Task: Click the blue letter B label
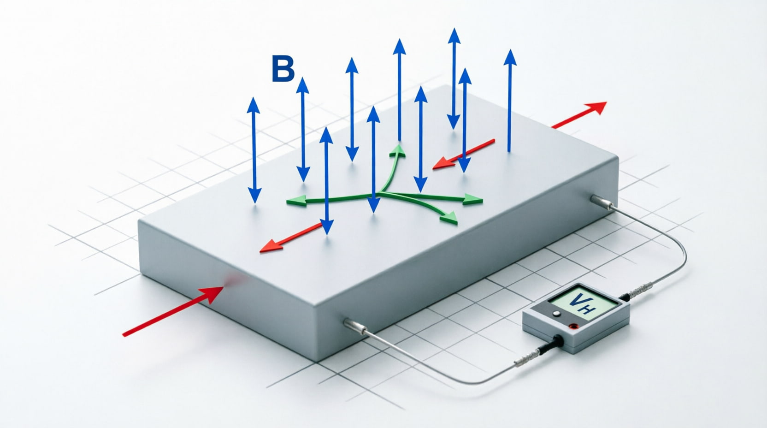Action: (283, 69)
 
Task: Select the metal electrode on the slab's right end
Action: (602, 202)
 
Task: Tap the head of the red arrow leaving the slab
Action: (595, 107)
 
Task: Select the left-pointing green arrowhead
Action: (296, 201)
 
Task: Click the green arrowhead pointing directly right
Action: (473, 199)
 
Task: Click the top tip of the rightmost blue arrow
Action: (510, 50)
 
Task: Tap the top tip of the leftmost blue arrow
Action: (254, 98)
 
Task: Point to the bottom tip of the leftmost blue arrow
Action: (255, 203)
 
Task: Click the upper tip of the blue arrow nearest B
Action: (302, 78)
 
